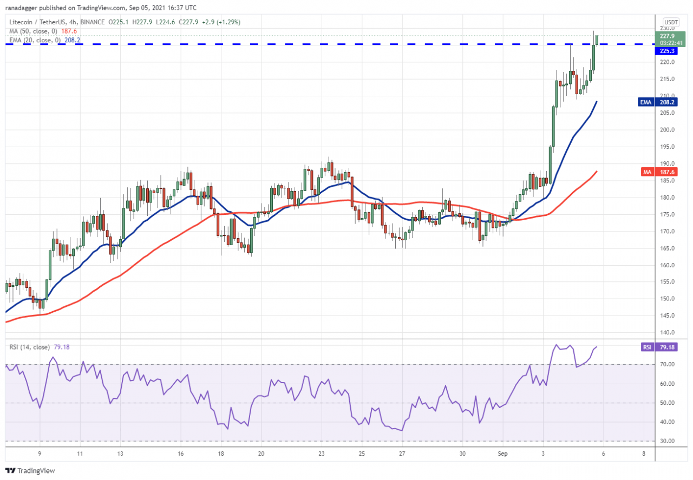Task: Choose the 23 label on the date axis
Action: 322,453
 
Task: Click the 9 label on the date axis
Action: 40,453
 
